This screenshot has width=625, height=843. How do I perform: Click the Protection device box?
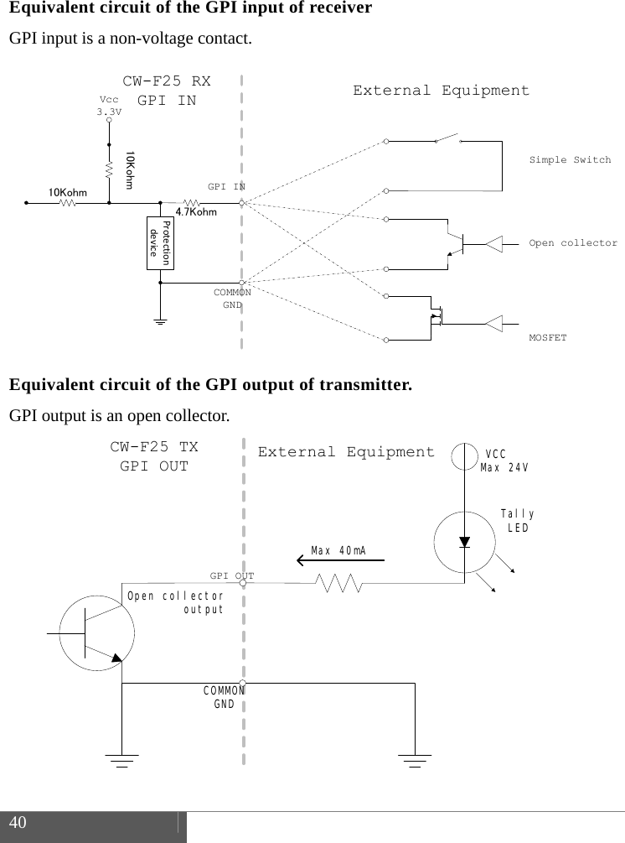click(x=159, y=242)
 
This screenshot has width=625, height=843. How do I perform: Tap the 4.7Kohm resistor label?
click(x=196, y=213)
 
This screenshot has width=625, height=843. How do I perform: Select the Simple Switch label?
click(x=570, y=159)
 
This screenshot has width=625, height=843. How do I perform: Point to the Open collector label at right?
click(x=573, y=243)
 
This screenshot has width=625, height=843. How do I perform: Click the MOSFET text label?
click(x=548, y=337)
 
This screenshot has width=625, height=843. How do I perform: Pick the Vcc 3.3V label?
click(x=109, y=106)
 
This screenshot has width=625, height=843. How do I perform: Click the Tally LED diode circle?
click(x=465, y=540)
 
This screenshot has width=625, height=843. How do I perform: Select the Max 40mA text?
click(x=338, y=550)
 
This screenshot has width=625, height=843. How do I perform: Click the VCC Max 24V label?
click(x=504, y=461)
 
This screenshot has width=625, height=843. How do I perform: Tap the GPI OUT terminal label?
click(x=231, y=576)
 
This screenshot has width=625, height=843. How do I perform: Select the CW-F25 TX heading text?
click(x=154, y=447)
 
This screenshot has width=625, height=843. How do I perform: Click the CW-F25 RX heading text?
click(x=167, y=82)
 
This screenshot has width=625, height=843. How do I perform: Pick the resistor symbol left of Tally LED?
click(x=339, y=583)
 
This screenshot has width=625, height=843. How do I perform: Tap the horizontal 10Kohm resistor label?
click(x=67, y=193)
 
